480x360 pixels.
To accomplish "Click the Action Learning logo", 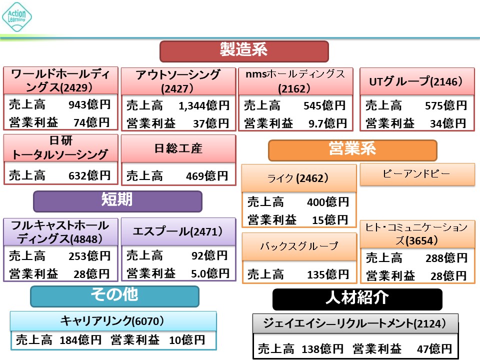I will point(17,16).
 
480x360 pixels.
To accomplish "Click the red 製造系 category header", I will point(243,51).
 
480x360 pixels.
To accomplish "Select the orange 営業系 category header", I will point(352,149).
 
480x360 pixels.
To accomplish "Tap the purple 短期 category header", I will point(117,201).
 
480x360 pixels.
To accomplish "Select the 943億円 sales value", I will point(89,105).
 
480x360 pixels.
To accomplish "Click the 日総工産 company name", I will point(178,148).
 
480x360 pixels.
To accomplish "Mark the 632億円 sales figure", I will point(89,175).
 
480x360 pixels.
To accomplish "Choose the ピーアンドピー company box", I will point(417,174).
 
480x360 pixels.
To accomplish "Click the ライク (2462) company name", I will point(298,178).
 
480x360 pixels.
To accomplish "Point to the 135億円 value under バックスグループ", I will point(327,274).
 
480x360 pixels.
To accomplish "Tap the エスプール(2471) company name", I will point(178,231).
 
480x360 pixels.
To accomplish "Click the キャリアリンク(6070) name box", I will point(113,320).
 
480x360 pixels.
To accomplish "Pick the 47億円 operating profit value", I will point(433,348).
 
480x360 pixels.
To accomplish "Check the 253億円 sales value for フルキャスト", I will point(89,256).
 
